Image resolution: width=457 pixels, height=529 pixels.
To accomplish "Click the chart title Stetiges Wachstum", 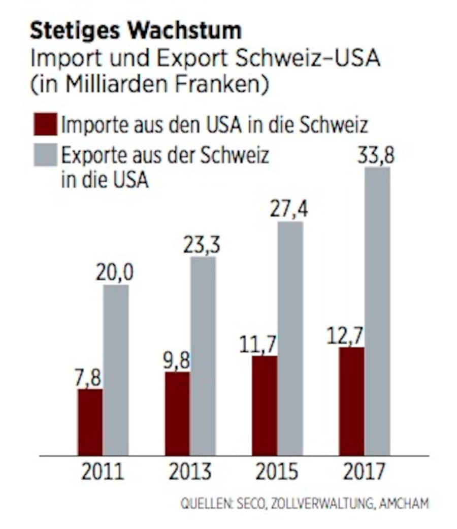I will tap(136, 31).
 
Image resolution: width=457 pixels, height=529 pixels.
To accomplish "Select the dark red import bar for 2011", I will tap(90, 422).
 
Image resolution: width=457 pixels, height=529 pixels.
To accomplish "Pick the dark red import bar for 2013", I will tap(177, 413).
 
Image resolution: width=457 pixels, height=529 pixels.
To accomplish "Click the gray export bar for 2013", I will tap(203, 356).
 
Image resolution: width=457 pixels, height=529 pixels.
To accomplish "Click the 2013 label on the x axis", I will tap(189, 471).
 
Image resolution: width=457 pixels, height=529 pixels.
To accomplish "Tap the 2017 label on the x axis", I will tap(364, 471).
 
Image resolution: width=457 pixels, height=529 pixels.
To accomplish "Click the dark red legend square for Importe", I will tap(45, 124).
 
